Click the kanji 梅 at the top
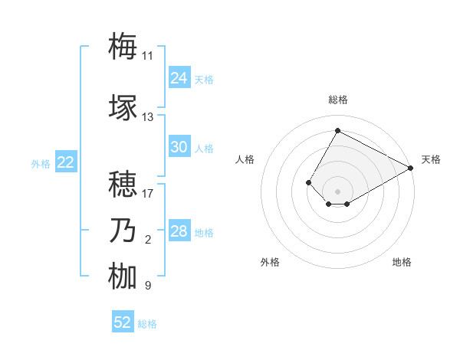coord(123,46)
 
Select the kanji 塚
coord(123,107)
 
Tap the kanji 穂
coord(123,184)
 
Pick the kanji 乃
coord(123,231)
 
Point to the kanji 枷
coord(123,277)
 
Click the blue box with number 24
coord(179,78)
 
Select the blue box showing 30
coord(179,147)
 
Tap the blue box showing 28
coord(179,231)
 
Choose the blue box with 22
coord(65,162)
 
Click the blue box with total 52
coord(123,322)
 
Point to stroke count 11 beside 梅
coord(147,56)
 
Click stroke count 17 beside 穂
coord(147,194)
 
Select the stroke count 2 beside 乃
coord(147,241)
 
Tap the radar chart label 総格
coord(337,100)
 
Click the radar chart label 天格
coord(431,159)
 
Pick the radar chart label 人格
coord(245,159)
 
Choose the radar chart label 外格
coord(270,262)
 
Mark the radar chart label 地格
coord(402,262)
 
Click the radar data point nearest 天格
coord(412,168)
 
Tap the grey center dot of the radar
coord(337,191)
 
